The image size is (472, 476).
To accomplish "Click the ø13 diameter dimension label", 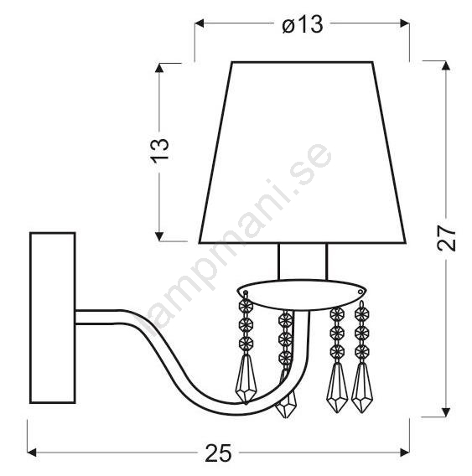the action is pyautogui.click(x=302, y=25).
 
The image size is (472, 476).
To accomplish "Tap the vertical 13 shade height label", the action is pyautogui.click(x=159, y=151).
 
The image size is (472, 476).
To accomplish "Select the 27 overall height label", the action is pyautogui.click(x=446, y=239).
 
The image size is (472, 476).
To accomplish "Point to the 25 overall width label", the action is pyautogui.click(x=218, y=453).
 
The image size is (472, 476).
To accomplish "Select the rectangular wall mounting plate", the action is pyautogui.click(x=53, y=318).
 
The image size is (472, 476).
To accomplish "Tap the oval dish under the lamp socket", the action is pyautogui.click(x=302, y=294).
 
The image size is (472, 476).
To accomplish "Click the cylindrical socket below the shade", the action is pyautogui.click(x=303, y=261).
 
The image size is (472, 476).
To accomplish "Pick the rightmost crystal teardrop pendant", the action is pyautogui.click(x=361, y=388).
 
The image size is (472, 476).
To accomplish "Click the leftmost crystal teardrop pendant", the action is pyautogui.click(x=246, y=379).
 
